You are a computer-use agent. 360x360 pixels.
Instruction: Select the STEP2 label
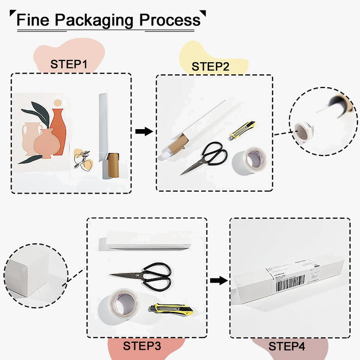click(210, 67)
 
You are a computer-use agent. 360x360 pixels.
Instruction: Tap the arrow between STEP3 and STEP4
click(218, 280)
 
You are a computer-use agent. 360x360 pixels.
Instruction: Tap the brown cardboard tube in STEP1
click(113, 165)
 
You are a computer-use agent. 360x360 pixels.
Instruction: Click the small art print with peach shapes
click(83, 160)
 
